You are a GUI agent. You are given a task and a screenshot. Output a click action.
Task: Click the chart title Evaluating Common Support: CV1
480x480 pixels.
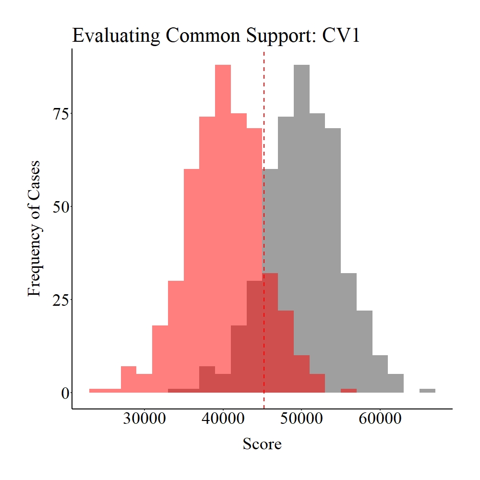[x=216, y=36]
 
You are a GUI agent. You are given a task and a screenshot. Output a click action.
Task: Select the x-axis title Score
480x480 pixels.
[x=262, y=444]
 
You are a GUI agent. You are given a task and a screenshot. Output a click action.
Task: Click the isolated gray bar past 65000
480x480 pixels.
[x=427, y=391]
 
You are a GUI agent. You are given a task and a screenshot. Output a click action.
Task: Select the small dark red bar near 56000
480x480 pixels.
[x=348, y=391]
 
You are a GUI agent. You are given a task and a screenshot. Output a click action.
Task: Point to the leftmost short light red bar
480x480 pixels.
[x=105, y=391]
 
